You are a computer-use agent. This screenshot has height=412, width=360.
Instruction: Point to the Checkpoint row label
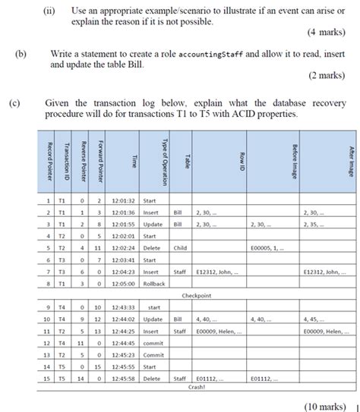[196, 296]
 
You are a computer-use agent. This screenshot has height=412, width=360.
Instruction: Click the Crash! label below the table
[197, 386]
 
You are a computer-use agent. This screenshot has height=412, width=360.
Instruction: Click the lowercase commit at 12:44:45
[153, 342]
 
